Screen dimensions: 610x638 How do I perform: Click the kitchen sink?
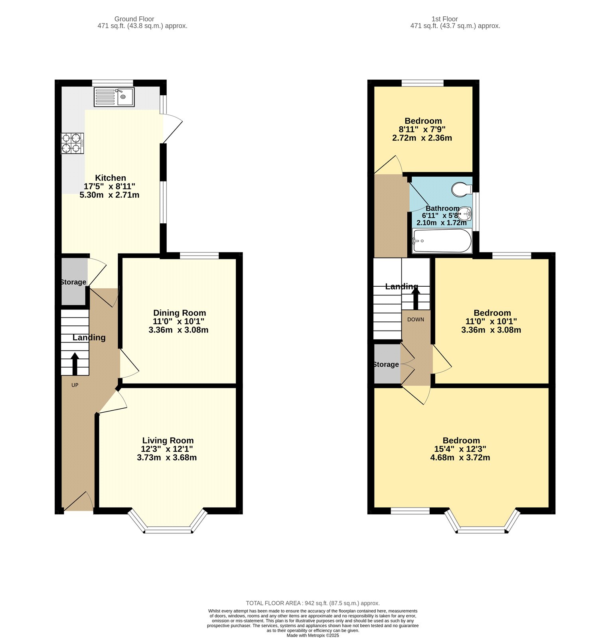pyautogui.click(x=114, y=97)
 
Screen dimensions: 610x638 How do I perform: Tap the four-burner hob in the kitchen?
pyautogui.click(x=73, y=143)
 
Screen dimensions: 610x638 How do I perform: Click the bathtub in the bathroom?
pyautogui.click(x=442, y=241)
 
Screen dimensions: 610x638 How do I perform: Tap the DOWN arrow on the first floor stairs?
pyautogui.click(x=416, y=298)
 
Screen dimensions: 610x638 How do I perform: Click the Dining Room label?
pyautogui.click(x=180, y=313)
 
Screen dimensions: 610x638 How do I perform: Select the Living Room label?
pyautogui.click(x=168, y=441)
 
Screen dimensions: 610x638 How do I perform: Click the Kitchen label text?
pyautogui.click(x=111, y=178)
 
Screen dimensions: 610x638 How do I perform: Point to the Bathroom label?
pyautogui.click(x=442, y=208)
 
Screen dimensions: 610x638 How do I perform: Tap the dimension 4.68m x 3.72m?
pyautogui.click(x=460, y=457)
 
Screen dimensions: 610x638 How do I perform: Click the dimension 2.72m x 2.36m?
pyautogui.click(x=422, y=138)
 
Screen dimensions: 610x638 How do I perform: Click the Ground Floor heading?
pyautogui.click(x=134, y=19)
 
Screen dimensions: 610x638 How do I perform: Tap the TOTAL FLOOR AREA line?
pyautogui.click(x=313, y=603)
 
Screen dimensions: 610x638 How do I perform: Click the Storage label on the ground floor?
pyautogui.click(x=73, y=282)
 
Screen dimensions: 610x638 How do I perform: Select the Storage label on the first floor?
pyautogui.click(x=386, y=364)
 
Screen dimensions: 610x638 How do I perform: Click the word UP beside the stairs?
pyautogui.click(x=75, y=385)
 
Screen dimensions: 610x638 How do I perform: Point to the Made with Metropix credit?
pyautogui.click(x=313, y=635)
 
